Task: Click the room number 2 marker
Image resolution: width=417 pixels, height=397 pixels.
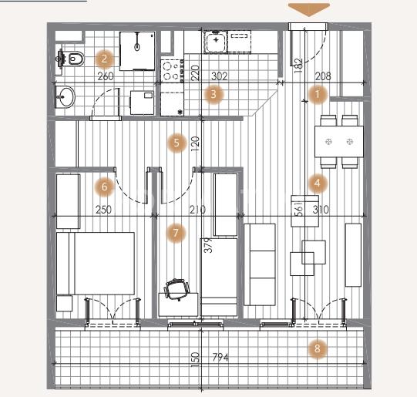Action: tap(104, 59)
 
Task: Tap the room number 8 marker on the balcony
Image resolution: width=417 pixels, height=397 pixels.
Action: tap(318, 348)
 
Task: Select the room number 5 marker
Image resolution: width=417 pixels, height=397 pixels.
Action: tap(177, 143)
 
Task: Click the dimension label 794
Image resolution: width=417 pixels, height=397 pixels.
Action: tap(220, 358)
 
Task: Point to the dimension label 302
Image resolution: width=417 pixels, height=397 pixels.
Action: tap(220, 76)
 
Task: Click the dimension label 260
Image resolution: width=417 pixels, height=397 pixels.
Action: tap(106, 76)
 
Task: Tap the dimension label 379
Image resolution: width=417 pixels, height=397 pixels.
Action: tap(210, 245)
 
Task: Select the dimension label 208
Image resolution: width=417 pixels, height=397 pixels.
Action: tap(323, 76)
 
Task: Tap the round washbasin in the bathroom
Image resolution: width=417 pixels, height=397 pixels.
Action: tap(65, 97)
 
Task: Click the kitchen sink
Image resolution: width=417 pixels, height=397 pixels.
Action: tap(216, 41)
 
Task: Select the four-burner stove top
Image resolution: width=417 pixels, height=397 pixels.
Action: tap(172, 71)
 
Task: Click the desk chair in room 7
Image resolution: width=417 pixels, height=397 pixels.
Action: tap(177, 290)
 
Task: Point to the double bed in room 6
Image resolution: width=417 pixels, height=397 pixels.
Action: tap(96, 263)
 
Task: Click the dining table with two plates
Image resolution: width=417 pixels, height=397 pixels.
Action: tap(339, 142)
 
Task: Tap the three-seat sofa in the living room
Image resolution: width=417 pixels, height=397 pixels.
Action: tap(260, 264)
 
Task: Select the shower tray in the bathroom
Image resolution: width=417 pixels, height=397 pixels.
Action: tap(137, 51)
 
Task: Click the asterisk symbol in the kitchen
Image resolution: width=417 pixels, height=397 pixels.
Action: tap(180, 113)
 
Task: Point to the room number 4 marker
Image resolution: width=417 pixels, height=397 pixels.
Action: tap(318, 183)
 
